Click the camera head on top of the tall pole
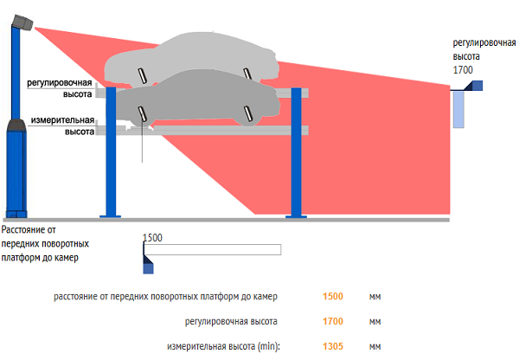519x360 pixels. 22,22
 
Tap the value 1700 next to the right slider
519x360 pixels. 463,70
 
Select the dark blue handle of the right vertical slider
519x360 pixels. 473,86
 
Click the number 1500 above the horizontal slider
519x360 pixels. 152,237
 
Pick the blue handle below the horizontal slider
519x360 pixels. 148,265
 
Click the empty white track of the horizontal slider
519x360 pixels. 213,250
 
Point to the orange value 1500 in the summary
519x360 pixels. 333,296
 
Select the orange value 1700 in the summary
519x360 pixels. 333,321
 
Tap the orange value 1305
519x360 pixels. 333,346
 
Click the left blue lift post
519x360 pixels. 111,152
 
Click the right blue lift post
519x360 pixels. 296,152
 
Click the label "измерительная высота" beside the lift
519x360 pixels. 62,125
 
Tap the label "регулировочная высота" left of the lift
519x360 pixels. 59,88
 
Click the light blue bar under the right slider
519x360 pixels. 458,110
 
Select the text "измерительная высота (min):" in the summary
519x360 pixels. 223,347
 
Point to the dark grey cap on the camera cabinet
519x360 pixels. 17,125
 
